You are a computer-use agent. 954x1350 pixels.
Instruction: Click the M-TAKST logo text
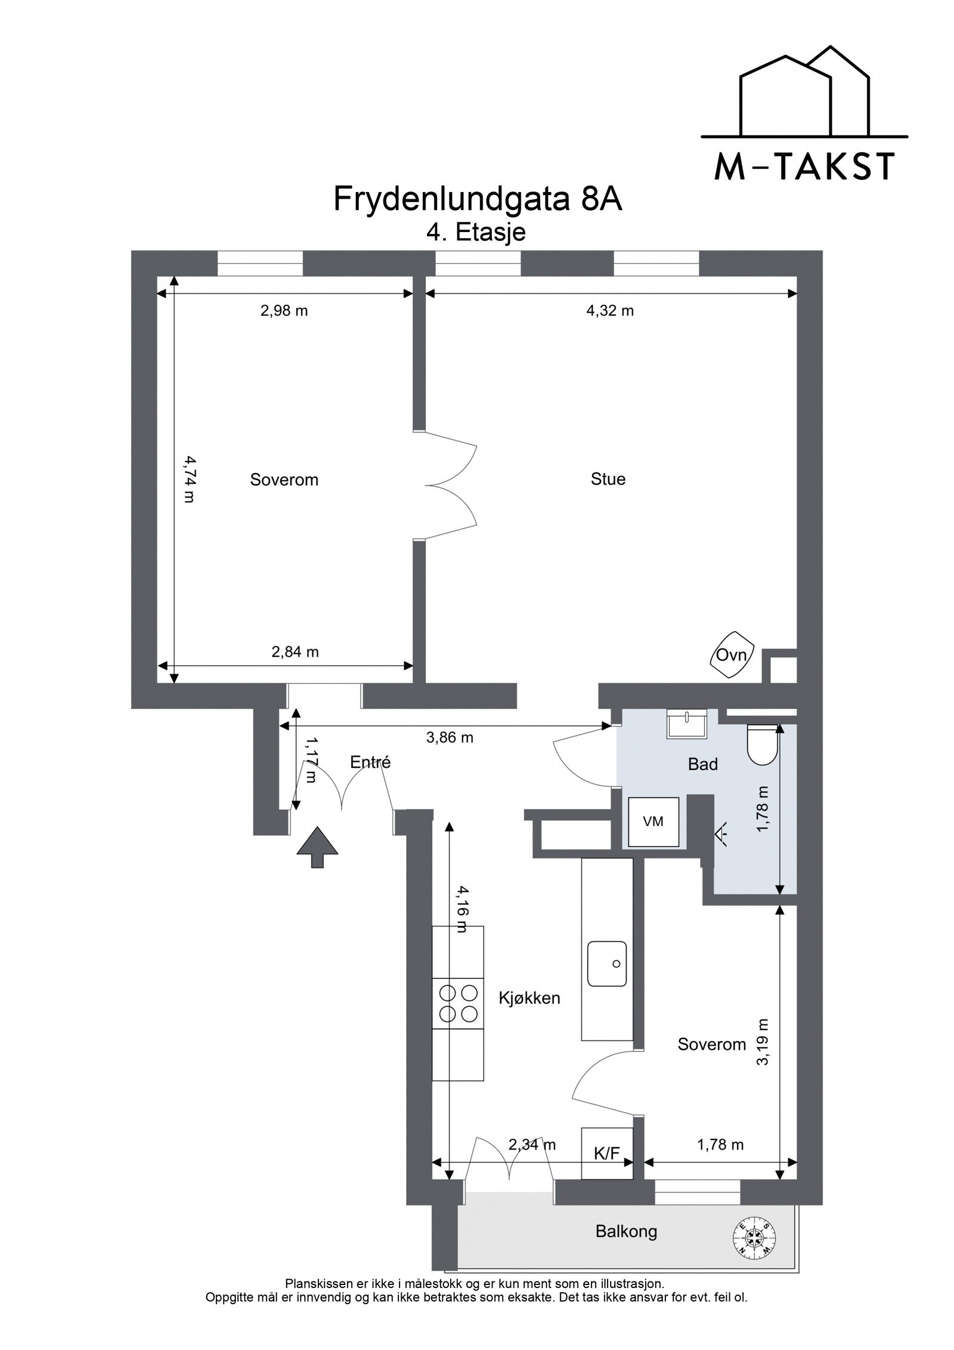click(x=804, y=167)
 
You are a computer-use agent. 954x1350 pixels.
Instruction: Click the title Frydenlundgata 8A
click(x=478, y=199)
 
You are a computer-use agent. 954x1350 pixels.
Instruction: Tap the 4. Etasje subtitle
click(x=475, y=232)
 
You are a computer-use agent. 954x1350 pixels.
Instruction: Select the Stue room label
click(x=608, y=479)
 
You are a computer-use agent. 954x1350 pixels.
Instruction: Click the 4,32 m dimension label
click(x=609, y=310)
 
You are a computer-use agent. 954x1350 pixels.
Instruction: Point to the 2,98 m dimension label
click(x=284, y=310)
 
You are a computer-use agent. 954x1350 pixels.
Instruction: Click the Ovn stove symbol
click(x=732, y=655)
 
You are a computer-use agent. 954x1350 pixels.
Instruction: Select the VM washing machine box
click(x=653, y=821)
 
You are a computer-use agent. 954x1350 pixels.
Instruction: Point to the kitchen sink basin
click(x=606, y=963)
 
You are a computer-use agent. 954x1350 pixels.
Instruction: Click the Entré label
click(x=370, y=762)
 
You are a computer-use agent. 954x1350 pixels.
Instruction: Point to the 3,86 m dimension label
click(x=450, y=737)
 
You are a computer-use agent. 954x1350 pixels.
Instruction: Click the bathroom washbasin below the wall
click(x=687, y=724)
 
